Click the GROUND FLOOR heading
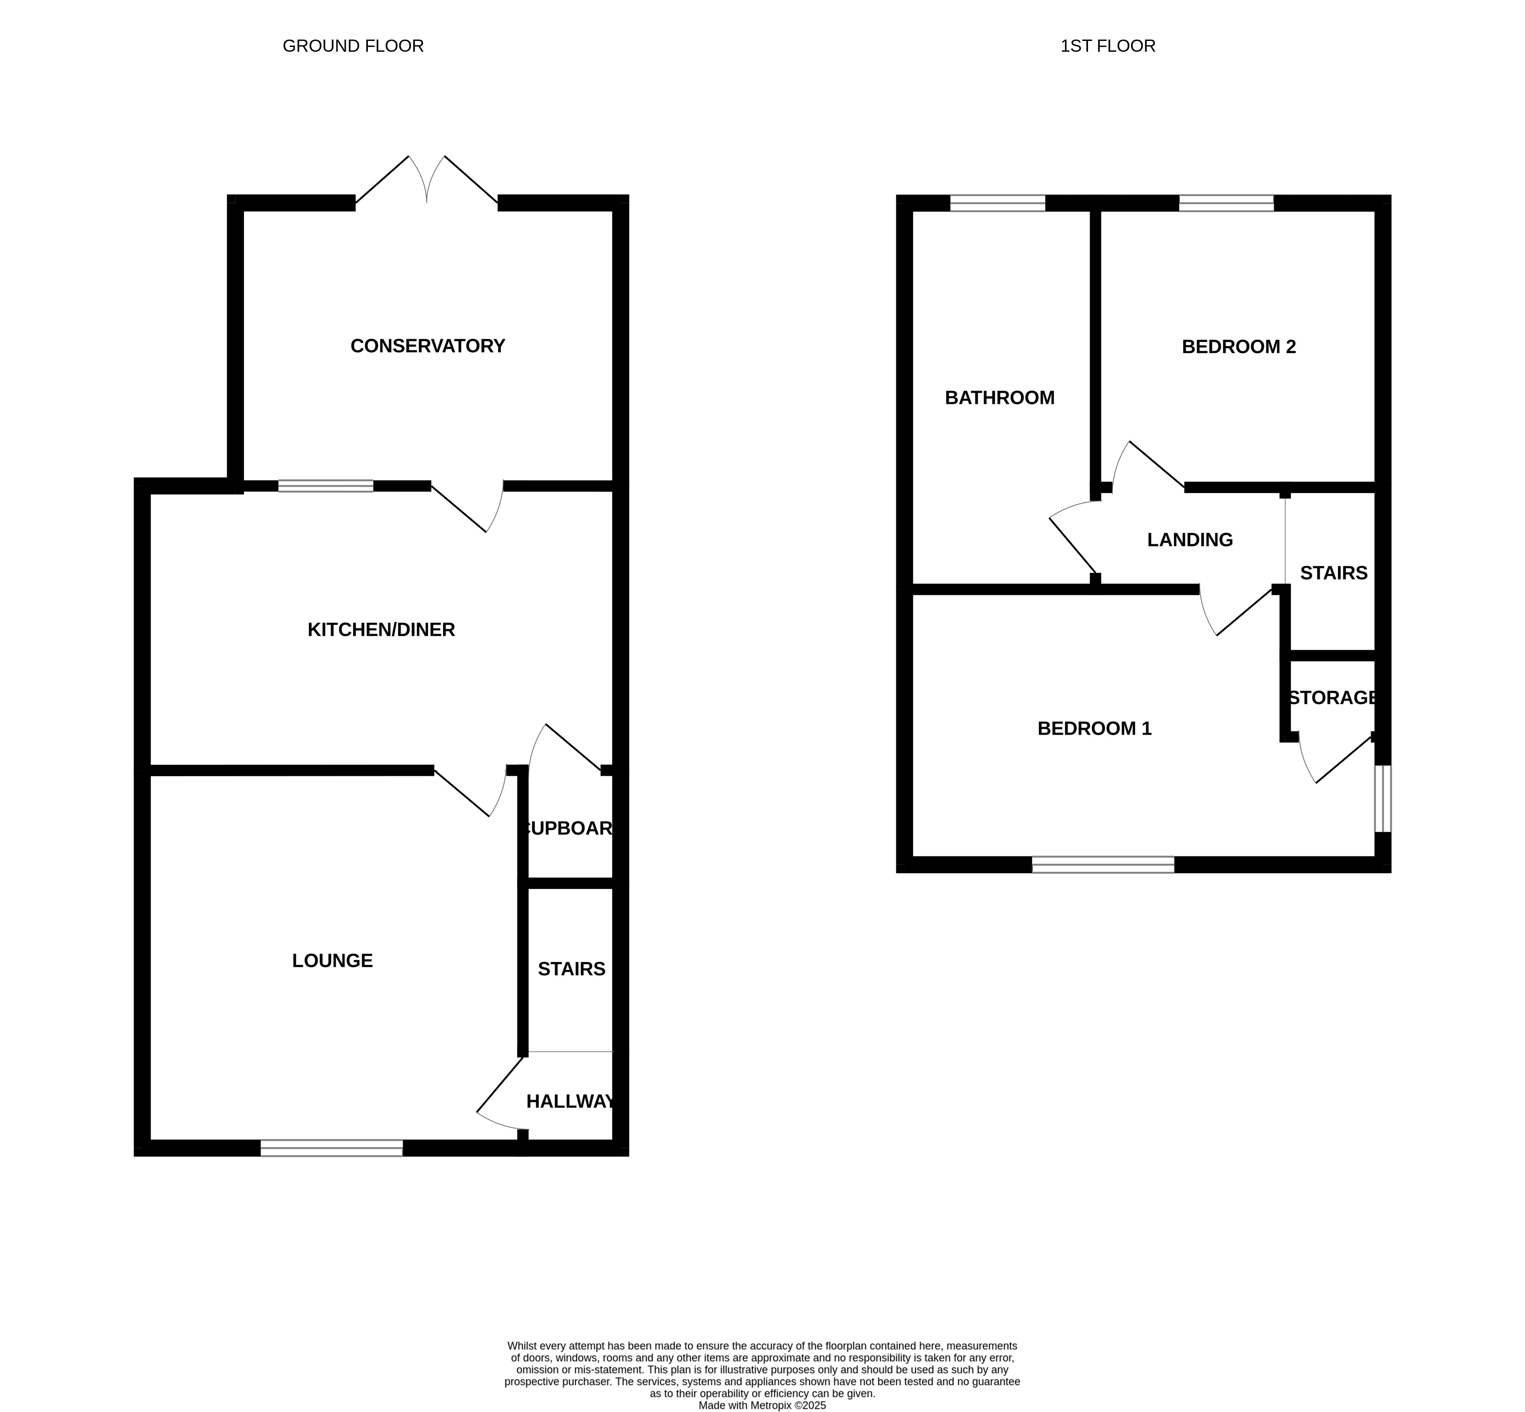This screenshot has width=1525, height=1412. pos(353,46)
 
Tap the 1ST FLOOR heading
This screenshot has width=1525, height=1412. pos(1108,46)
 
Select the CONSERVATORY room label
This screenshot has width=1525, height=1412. pos(428,346)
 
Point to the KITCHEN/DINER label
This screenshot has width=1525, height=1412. pos(381,630)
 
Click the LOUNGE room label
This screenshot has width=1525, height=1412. pos(332,961)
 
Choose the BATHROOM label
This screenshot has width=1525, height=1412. pos(999,397)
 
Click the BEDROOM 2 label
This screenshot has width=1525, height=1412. pos(1238,347)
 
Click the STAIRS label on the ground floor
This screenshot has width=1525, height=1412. pos(571,969)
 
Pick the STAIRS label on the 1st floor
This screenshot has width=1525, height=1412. pos(1333,573)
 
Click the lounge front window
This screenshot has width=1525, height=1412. pos(332,1148)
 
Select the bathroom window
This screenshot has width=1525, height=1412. pos(998,203)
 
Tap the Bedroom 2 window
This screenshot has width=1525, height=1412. pos(1226,203)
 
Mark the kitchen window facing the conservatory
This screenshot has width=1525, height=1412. pos(325,486)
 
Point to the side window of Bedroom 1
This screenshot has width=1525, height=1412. pos(1383,798)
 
